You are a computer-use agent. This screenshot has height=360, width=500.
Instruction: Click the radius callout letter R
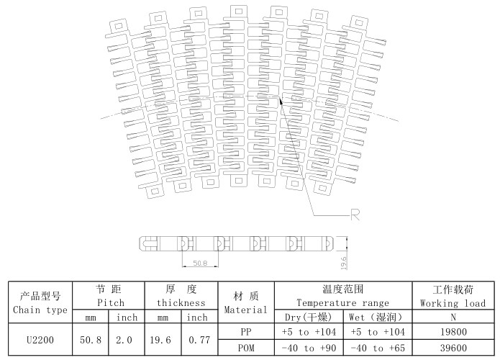click(355, 215)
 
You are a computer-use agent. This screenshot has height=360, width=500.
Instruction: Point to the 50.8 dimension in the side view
click(200, 264)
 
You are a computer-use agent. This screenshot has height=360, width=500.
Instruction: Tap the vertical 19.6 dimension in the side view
click(344, 263)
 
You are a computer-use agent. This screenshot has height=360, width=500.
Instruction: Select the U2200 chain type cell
click(40, 340)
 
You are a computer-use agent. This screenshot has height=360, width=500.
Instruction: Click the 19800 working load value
click(453, 332)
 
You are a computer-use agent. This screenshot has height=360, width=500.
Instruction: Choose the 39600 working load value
click(453, 348)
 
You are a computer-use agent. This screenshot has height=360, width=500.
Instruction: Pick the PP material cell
click(246, 332)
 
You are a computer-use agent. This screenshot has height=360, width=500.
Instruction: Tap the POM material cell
click(246, 348)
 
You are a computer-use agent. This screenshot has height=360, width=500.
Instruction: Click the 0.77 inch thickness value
click(199, 340)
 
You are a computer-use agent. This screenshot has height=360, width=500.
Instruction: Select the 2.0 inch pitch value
click(124, 340)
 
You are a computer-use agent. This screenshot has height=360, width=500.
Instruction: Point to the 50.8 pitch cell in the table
click(91, 340)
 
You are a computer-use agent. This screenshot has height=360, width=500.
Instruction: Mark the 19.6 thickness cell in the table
click(160, 340)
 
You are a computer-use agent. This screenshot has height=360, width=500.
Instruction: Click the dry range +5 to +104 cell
click(309, 332)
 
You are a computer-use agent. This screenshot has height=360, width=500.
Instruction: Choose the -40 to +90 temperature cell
click(309, 348)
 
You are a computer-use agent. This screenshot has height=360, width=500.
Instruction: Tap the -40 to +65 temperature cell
click(378, 348)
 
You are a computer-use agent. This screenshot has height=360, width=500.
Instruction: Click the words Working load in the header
click(453, 303)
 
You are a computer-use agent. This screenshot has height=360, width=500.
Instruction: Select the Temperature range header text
click(342, 302)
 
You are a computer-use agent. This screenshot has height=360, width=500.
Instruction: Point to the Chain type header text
click(40, 310)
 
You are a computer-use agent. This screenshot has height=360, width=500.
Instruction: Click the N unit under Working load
click(453, 318)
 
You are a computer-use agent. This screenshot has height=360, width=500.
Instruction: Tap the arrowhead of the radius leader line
click(281, 101)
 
